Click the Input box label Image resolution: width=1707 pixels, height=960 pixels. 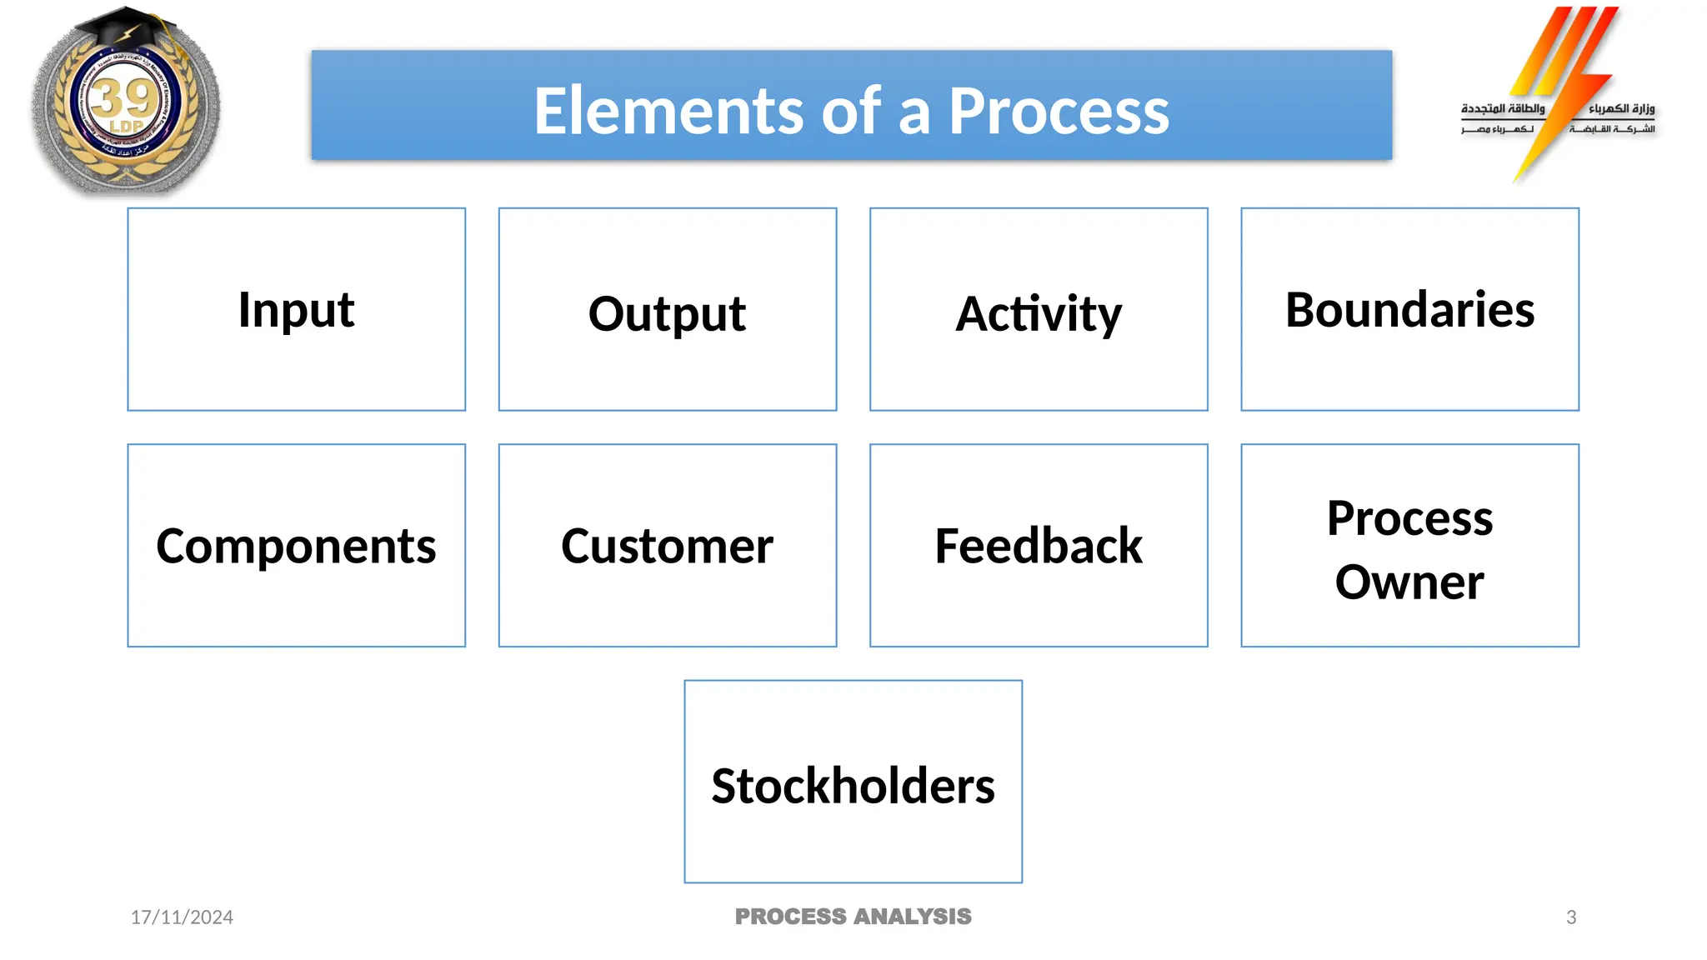[296, 310]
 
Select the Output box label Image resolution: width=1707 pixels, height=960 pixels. [667, 314]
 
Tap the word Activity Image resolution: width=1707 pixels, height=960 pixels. [1038, 314]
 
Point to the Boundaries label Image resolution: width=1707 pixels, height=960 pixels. [1409, 310]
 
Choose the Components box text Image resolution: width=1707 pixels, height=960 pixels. [296, 547]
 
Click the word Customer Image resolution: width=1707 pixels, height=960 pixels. [667, 547]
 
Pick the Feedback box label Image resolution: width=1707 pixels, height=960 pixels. [1038, 547]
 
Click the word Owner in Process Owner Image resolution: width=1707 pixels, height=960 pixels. [1409, 582]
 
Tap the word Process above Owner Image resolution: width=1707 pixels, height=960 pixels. [1409, 518]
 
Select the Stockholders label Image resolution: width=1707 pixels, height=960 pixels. [853, 786]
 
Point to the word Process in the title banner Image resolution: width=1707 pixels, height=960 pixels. [1059, 111]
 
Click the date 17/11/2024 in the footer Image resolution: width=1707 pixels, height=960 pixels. [182, 917]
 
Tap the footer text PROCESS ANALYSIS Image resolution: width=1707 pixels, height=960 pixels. [853, 917]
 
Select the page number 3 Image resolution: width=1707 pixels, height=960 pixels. [1570, 917]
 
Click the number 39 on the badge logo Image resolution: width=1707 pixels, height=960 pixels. [124, 98]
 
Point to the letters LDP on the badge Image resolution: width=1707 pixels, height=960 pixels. [127, 127]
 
